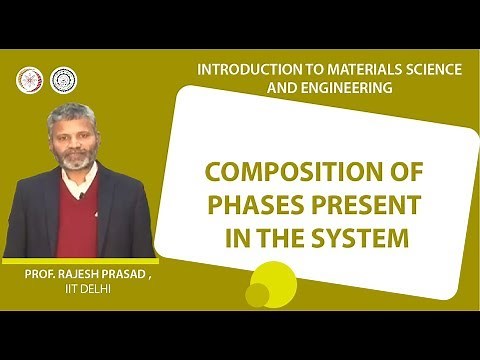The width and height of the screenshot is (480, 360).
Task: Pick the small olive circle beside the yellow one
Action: pyautogui.click(x=256, y=295)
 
